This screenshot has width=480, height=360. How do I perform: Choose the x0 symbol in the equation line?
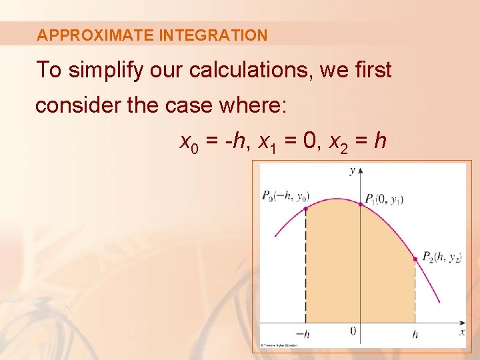point(189,142)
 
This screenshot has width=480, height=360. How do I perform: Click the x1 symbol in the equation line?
point(266,142)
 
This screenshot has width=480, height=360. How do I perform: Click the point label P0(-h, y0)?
point(285,196)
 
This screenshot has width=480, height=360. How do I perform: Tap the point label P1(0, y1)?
point(384,199)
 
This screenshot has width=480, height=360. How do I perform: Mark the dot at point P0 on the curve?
point(305,209)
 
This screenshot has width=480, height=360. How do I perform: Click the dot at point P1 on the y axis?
point(361,204)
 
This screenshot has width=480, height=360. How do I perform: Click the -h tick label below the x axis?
point(303,334)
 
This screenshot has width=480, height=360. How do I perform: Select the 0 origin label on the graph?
point(353,331)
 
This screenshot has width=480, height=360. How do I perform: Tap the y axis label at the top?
point(352,171)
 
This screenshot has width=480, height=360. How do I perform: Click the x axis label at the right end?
point(461,331)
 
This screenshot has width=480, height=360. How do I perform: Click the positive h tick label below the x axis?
point(415,334)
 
